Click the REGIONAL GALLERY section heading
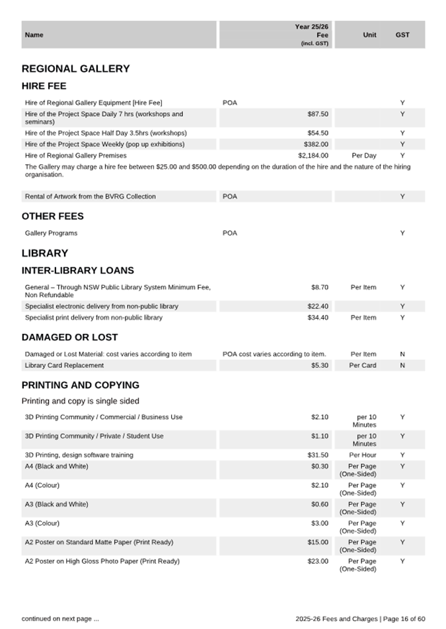(x=75, y=69)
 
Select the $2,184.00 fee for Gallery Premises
(x=313, y=156)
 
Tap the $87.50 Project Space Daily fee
(x=318, y=114)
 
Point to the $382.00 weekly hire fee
(x=316, y=144)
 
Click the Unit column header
(x=369, y=35)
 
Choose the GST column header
(x=402, y=35)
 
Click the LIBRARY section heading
(x=45, y=253)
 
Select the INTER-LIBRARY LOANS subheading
(x=77, y=271)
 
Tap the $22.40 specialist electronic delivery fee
(x=318, y=306)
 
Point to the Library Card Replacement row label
(x=64, y=366)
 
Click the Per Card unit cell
(x=363, y=366)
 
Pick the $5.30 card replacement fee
(x=320, y=366)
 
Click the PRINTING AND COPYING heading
(x=80, y=385)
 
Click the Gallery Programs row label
(x=51, y=233)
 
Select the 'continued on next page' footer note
(x=60, y=619)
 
